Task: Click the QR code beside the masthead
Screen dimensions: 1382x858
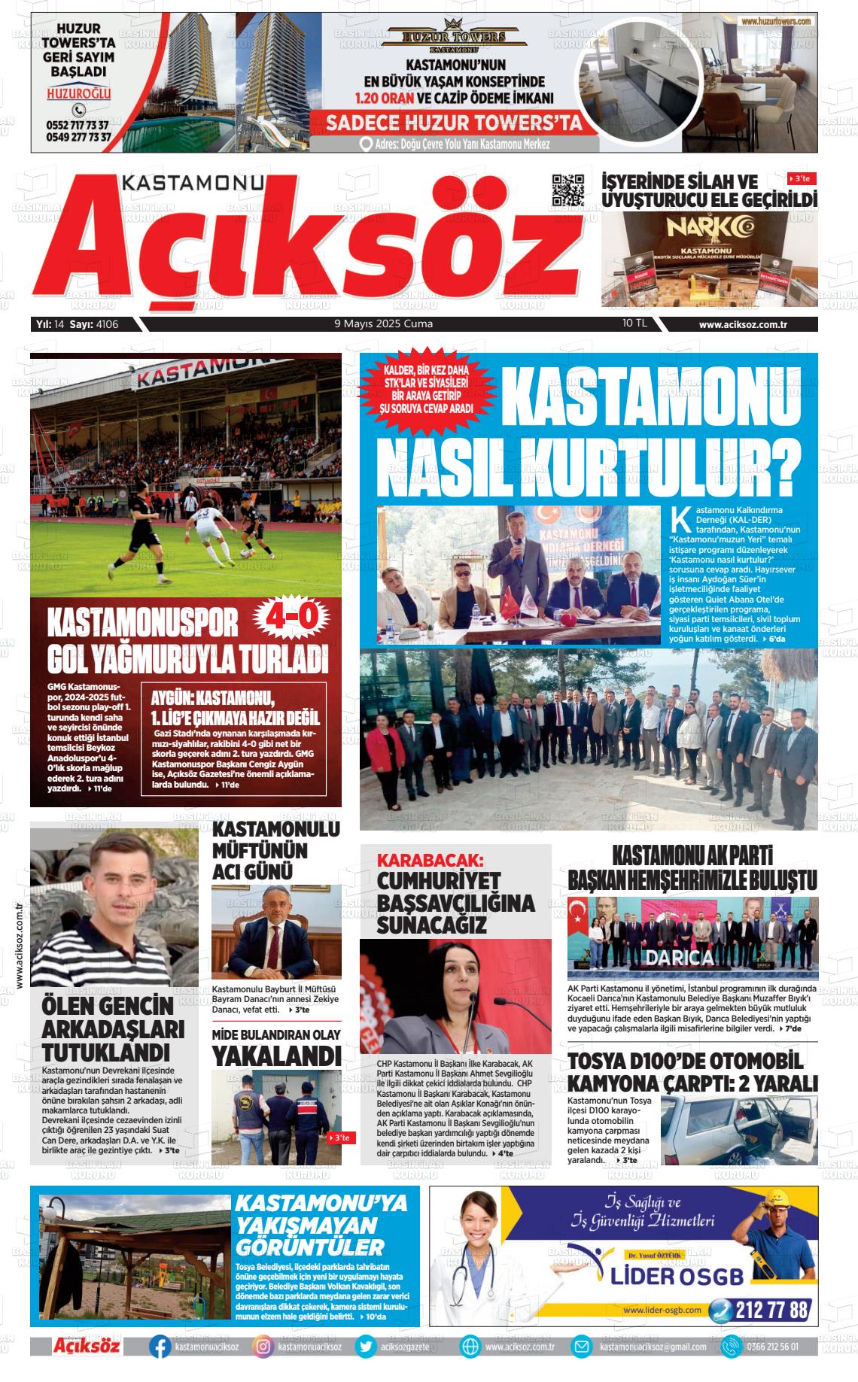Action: point(568,190)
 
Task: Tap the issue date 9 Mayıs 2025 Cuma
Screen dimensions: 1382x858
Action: point(383,324)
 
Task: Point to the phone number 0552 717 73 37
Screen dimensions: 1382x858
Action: point(78,125)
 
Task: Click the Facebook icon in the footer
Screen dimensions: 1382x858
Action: point(160,1347)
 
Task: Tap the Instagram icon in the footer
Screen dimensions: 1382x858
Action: point(263,1347)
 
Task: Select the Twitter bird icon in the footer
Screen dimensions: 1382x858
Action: point(366,1347)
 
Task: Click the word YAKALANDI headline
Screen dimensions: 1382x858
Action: point(276,1055)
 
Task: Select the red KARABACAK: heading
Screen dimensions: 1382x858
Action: point(430,860)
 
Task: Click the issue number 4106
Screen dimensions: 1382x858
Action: point(108,324)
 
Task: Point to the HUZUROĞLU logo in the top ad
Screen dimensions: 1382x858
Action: point(78,94)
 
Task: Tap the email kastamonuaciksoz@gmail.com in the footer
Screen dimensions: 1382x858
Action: point(653,1347)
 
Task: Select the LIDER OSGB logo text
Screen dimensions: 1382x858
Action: point(677,1276)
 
